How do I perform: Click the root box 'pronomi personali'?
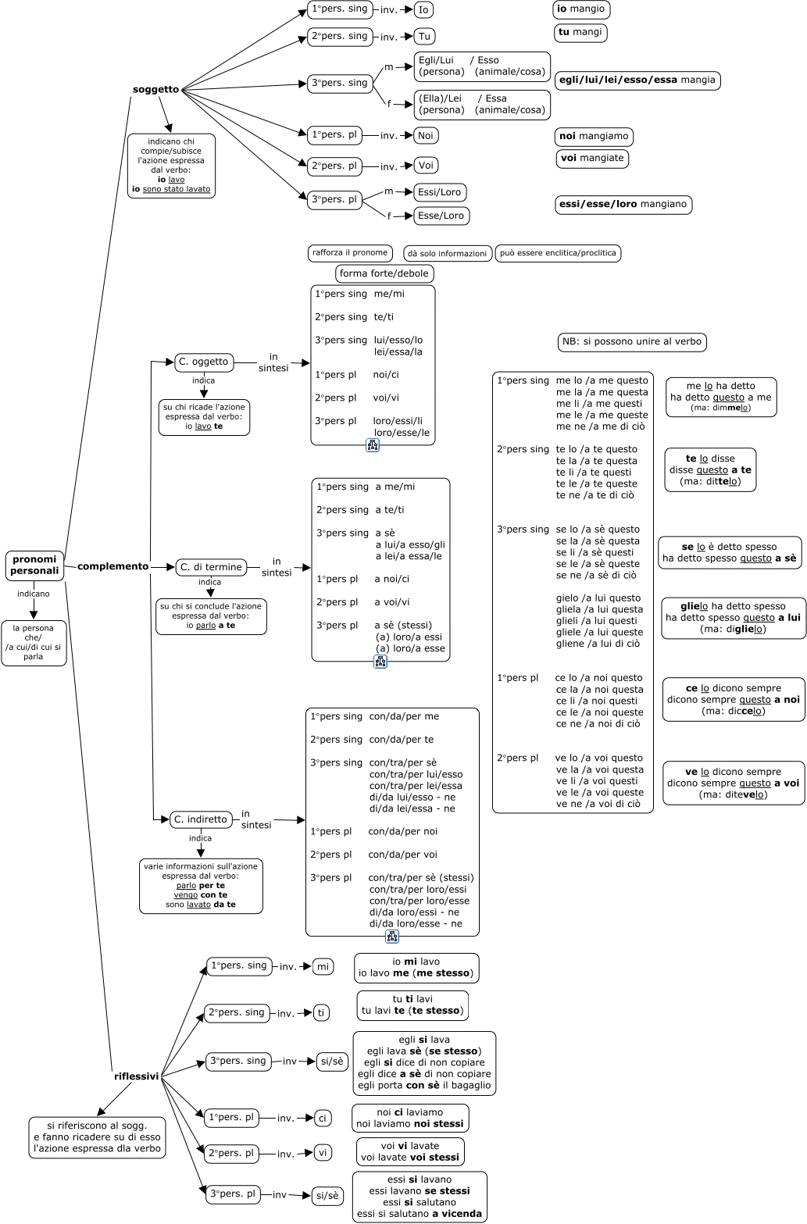point(34,565)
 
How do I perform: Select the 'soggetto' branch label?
point(155,89)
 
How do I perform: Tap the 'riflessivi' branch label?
point(136,1076)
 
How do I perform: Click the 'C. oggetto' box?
point(204,362)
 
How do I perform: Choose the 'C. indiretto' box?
point(201,819)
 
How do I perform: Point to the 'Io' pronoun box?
point(423,9)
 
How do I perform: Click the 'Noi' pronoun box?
point(426,135)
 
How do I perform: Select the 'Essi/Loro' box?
point(441,192)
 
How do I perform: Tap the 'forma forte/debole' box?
point(384,273)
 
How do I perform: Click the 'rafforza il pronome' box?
point(350,252)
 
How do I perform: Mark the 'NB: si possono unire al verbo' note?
point(632,341)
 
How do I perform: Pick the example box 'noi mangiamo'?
point(594,137)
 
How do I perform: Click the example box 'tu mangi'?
point(580,33)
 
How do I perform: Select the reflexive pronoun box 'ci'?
point(323,1119)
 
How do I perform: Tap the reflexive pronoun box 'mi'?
point(323,966)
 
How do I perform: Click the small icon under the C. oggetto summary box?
point(373,445)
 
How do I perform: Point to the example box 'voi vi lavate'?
point(410,1151)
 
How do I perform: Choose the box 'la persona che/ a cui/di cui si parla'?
point(34,642)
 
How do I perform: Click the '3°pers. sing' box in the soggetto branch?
point(339,84)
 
